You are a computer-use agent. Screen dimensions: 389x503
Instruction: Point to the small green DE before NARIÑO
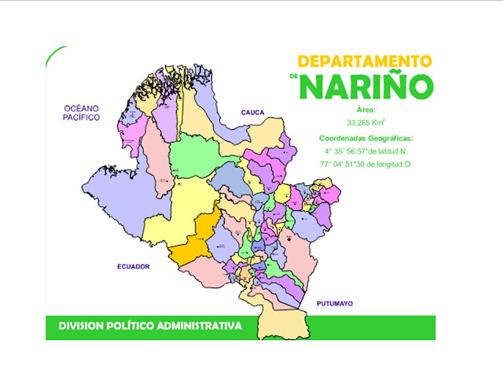[293, 77]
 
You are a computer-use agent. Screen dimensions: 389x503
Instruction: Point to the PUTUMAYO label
[336, 303]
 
